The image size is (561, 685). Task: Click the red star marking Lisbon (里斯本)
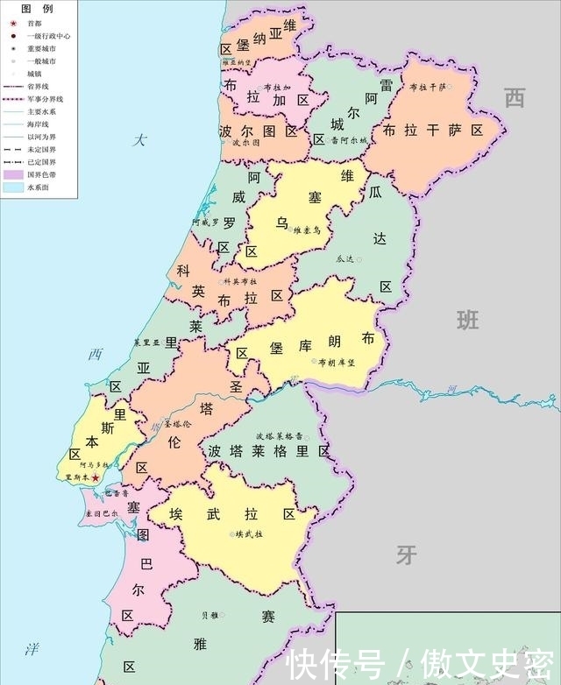click(x=96, y=477)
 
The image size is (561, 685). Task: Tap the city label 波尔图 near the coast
click(x=246, y=143)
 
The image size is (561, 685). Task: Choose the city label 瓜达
click(x=344, y=259)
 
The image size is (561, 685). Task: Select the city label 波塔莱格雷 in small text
click(x=280, y=435)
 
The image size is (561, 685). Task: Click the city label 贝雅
click(x=209, y=615)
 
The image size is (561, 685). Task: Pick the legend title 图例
click(x=32, y=7)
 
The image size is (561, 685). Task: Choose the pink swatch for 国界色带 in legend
click(x=12, y=174)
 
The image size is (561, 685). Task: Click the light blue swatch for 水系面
click(x=12, y=187)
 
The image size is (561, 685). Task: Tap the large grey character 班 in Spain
click(x=467, y=320)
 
